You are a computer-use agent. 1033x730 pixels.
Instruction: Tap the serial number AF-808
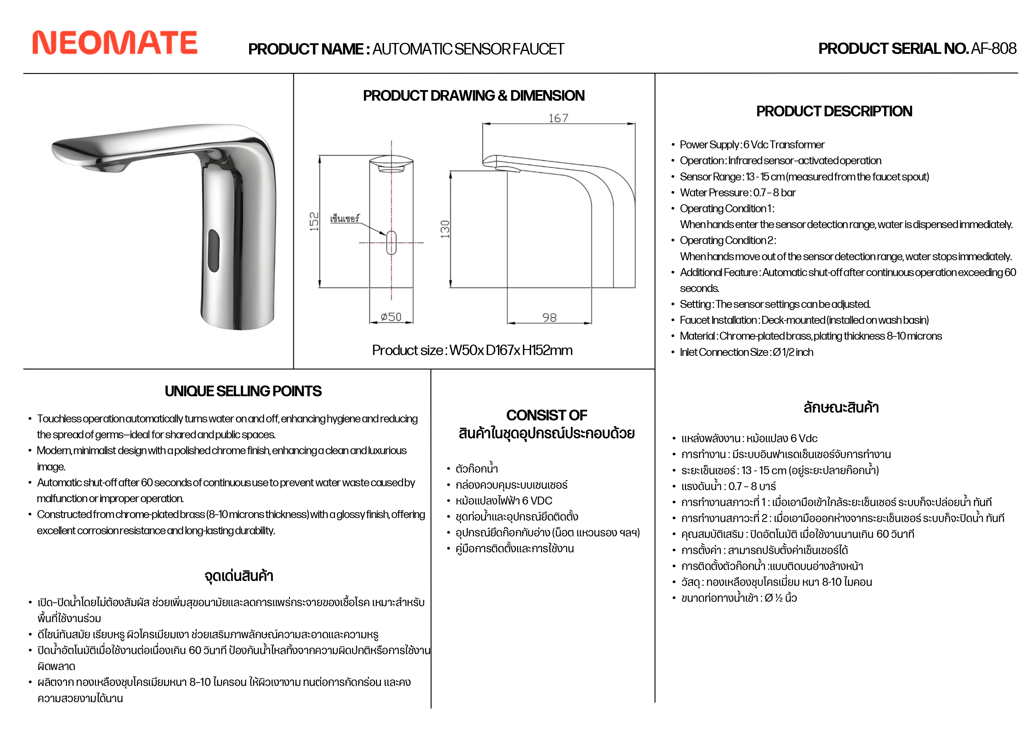994,49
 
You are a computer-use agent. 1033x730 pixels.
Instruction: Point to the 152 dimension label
314,222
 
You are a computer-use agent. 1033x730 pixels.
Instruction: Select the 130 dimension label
445,229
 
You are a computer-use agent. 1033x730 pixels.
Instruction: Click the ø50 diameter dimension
391,317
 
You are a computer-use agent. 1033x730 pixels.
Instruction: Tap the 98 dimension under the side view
549,318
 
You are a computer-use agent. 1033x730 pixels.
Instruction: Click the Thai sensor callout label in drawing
345,219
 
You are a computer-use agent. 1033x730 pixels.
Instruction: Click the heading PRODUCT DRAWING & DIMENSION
474,96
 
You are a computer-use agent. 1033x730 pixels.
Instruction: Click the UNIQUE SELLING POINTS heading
243,391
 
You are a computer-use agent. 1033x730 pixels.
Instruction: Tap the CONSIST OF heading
547,415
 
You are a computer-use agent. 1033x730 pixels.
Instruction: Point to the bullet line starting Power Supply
752,145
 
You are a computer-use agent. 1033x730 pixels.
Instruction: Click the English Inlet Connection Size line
746,352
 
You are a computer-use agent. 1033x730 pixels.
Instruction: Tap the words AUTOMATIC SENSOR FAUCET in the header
468,49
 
